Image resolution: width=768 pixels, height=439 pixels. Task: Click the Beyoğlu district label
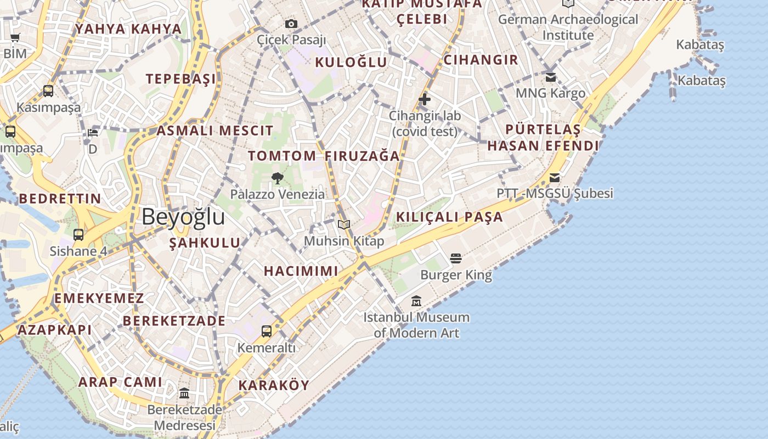coord(183,217)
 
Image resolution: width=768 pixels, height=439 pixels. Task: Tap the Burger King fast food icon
coord(456,258)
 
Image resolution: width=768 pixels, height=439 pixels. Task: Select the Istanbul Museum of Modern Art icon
coord(416,301)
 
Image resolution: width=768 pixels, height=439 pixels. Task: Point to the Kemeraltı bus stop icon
coord(267,331)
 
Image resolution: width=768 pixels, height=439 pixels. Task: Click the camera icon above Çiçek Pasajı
coord(291,24)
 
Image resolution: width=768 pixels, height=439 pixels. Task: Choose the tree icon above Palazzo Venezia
coord(277,178)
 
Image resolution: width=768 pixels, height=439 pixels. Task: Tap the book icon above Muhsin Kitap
coord(344,224)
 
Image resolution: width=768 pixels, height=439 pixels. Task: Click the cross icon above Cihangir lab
coord(424,99)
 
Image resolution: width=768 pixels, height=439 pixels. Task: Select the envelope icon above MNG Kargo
coord(551,77)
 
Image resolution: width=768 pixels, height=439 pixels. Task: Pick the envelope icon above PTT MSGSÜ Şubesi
coord(555,177)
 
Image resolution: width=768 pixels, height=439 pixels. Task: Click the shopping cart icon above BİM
coord(15,38)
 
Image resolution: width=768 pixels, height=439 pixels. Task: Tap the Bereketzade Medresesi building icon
coord(184,393)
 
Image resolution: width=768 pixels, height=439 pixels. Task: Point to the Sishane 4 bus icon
coord(78,235)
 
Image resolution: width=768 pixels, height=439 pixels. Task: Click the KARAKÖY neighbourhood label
coord(274,385)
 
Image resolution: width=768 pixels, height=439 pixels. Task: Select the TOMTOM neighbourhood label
coord(282,156)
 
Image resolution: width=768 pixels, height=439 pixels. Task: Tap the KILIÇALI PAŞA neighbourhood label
coord(449,217)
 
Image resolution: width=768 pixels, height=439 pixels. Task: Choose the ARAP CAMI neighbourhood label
coord(120,382)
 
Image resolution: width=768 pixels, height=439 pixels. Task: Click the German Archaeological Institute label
coord(568,27)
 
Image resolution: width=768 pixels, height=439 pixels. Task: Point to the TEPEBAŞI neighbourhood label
coord(181,78)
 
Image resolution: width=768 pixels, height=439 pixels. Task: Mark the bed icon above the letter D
coord(93,133)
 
